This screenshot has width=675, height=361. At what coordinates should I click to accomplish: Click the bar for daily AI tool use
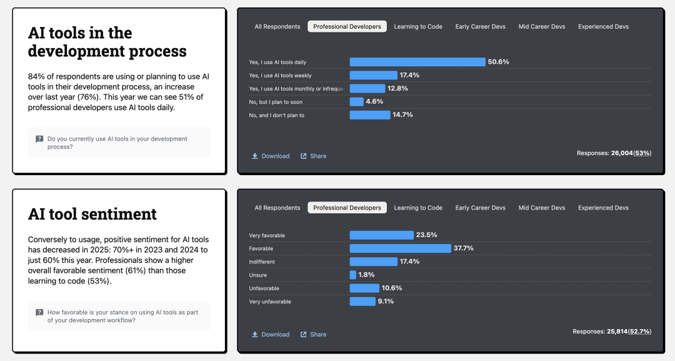417,62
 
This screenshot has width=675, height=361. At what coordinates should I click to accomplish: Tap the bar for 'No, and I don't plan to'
369,115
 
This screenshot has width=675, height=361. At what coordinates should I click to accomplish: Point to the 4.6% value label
374,101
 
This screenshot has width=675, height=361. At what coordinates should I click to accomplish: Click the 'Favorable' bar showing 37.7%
400,248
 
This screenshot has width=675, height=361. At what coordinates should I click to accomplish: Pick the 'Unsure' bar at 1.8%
353,275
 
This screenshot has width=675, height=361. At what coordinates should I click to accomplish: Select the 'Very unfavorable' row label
270,302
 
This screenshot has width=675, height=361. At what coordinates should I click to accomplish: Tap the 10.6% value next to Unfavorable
392,288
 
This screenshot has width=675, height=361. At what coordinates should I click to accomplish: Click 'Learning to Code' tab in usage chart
418,27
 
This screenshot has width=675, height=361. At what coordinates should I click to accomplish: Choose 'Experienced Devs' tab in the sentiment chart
603,208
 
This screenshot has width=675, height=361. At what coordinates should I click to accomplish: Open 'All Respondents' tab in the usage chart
277,27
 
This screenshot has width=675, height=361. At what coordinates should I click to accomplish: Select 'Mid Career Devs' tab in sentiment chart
542,208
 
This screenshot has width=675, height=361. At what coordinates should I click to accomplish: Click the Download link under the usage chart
271,156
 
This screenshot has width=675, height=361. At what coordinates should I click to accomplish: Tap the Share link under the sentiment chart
313,334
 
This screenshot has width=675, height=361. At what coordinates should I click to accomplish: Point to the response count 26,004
622,153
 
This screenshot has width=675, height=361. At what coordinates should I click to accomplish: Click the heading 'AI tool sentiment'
92,214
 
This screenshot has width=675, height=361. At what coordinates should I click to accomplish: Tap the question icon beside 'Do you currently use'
39,139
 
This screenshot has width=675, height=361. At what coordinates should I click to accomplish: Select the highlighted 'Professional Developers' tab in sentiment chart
347,208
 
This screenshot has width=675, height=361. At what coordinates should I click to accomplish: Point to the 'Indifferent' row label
262,262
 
